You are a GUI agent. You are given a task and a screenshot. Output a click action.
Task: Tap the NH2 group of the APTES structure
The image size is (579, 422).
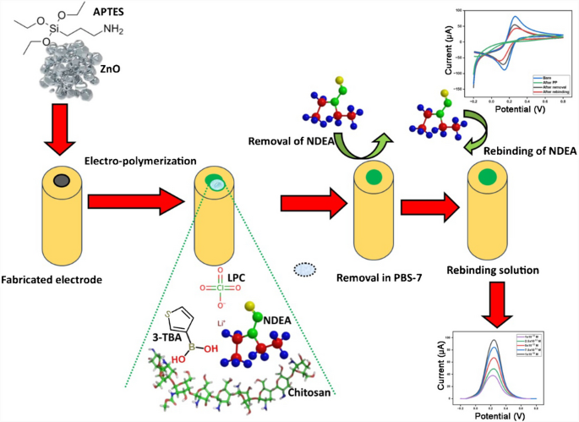pos(119,32)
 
